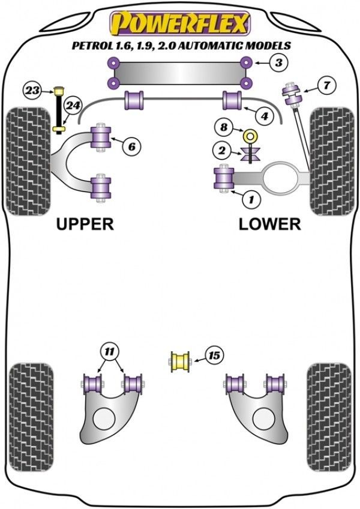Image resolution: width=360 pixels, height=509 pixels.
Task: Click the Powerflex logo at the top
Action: (178, 23)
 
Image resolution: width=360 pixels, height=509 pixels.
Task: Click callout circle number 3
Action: (278, 62)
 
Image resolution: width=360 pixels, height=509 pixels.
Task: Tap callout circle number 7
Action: (326, 86)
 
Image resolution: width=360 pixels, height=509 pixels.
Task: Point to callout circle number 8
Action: (224, 127)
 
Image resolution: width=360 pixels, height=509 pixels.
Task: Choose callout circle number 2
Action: (223, 150)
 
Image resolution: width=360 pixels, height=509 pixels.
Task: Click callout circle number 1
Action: (251, 197)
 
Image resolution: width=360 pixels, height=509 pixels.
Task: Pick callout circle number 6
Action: (131, 145)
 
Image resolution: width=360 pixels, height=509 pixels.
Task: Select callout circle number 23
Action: (32, 91)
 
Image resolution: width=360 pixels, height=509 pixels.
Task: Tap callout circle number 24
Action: (73, 106)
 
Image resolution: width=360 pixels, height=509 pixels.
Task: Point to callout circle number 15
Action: (212, 356)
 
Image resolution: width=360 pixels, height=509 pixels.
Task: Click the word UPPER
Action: (85, 224)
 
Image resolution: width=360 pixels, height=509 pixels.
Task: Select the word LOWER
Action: (269, 224)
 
